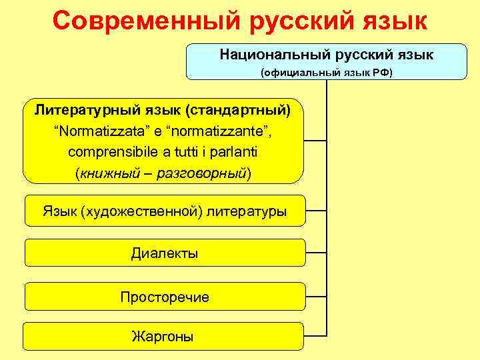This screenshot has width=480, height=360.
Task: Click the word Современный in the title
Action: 147,21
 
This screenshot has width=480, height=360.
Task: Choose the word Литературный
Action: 75,108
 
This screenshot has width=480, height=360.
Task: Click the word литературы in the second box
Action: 247,211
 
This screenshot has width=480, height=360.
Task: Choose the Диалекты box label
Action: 165,254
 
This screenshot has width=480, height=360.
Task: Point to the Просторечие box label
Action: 165,297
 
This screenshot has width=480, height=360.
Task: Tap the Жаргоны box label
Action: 164,337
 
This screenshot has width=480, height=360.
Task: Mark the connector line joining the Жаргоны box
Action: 315,333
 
